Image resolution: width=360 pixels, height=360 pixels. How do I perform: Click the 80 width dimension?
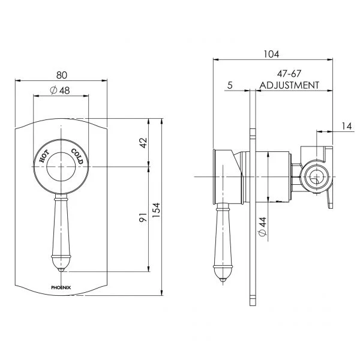pos(62,75)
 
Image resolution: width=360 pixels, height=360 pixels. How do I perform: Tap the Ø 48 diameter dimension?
pos(60,90)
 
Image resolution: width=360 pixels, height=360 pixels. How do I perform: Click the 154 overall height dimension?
pos(156,211)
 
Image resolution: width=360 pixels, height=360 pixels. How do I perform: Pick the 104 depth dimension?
pos(271,54)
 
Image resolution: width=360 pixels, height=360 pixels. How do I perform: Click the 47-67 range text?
pos(289,74)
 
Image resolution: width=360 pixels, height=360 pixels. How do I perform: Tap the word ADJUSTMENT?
pos(289,85)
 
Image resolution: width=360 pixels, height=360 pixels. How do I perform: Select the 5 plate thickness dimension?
pos(230,85)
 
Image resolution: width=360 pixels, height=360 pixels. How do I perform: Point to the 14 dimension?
pos(347,126)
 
